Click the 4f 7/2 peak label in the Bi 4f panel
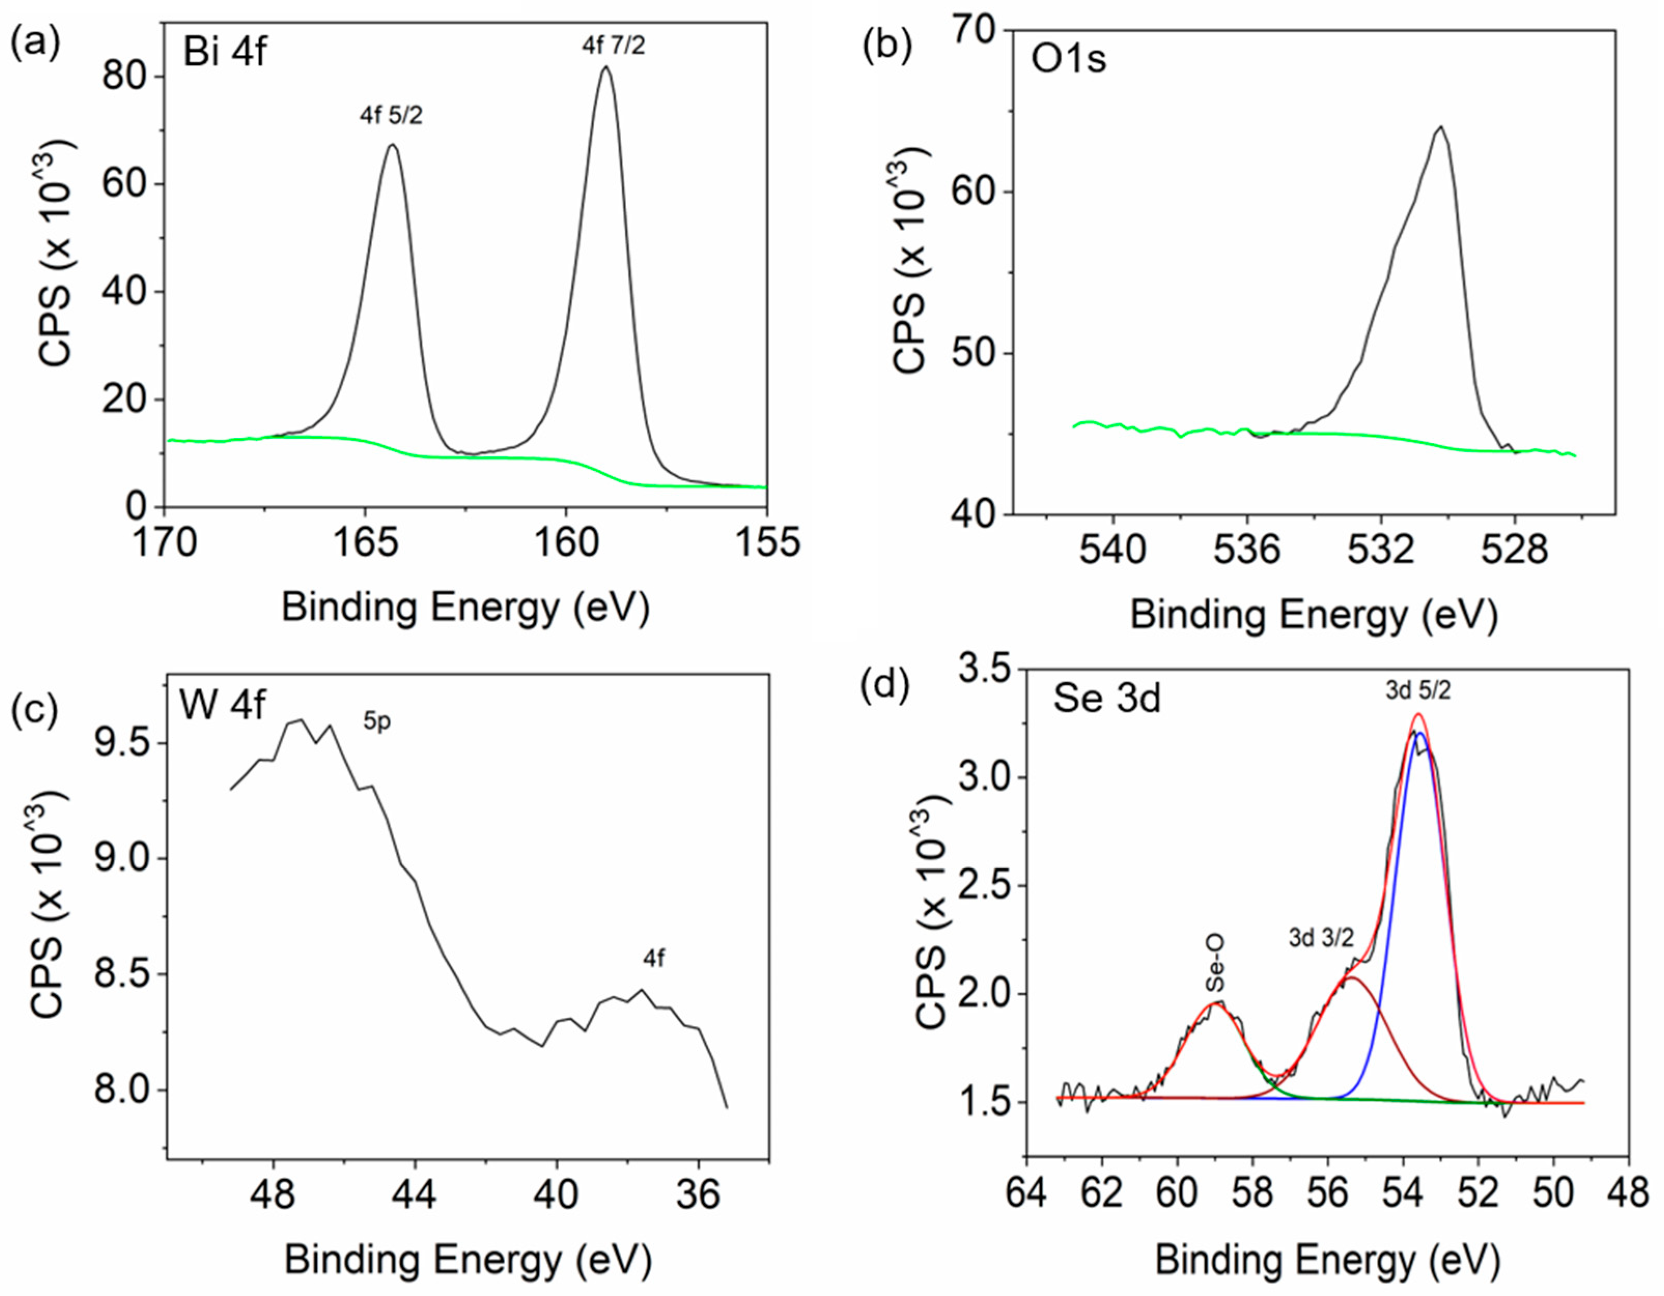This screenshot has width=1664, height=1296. pos(613,46)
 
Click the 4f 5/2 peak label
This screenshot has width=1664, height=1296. pos(391,116)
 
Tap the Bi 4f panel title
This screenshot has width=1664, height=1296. pos(225,53)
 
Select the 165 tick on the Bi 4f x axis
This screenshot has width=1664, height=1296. pos(365,542)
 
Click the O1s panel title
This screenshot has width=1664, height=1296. pos(1068,59)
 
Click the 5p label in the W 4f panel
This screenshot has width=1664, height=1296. pos(376,721)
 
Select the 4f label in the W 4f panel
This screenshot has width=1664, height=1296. pos(654,958)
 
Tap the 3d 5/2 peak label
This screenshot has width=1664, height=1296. pos(1418,690)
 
